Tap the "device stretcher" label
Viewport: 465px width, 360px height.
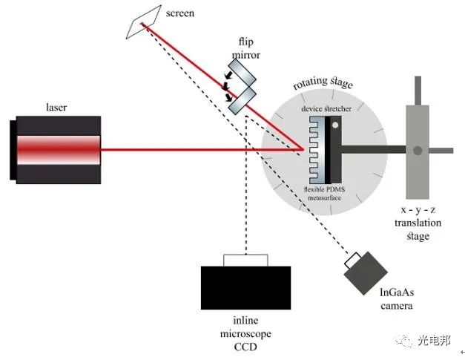(x=326, y=109)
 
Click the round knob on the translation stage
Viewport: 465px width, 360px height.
(x=418, y=151)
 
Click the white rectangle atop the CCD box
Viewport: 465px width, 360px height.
(x=245, y=260)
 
